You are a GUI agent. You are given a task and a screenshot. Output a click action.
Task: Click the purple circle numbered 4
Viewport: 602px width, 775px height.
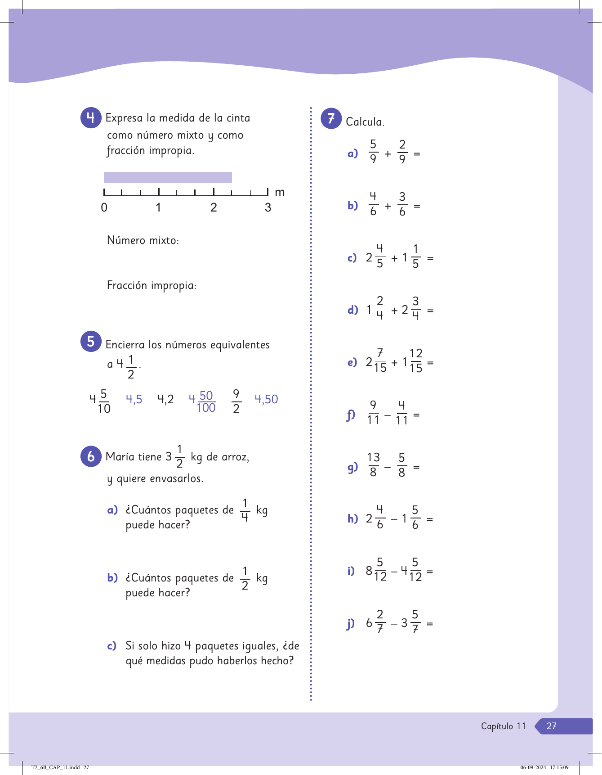[90, 118]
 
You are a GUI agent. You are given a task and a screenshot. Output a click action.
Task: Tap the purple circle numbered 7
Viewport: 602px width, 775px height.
[331, 118]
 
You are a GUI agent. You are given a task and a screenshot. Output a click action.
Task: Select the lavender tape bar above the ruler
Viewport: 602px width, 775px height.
[168, 177]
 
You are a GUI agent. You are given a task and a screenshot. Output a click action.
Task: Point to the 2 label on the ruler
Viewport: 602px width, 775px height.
[214, 207]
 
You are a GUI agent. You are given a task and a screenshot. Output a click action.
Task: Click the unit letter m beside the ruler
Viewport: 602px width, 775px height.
[280, 193]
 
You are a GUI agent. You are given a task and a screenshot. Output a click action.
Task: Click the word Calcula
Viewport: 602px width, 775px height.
[365, 122]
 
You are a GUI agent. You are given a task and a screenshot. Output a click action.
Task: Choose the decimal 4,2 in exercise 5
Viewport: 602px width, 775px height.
[165, 399]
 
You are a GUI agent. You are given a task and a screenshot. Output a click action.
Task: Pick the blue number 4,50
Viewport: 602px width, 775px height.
[266, 399]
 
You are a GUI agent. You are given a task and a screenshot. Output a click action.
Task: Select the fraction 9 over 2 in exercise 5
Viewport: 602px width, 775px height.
[236, 401]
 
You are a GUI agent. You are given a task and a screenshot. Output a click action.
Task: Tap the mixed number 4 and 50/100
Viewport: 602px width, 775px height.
[202, 401]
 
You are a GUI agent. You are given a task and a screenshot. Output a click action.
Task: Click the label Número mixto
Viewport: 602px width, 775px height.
[143, 240]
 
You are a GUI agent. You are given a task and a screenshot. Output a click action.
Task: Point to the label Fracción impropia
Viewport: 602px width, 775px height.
[152, 285]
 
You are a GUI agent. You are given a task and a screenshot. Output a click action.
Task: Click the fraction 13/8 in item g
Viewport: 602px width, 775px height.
[373, 464]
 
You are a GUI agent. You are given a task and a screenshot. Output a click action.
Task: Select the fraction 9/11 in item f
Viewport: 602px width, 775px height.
[373, 412]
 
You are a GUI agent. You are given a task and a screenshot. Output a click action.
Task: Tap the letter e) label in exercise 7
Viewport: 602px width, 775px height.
[352, 362]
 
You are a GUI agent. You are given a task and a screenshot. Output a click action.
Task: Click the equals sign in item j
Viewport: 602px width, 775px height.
[429, 624]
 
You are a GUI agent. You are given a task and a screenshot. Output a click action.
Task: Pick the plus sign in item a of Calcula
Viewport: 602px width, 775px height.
[388, 154]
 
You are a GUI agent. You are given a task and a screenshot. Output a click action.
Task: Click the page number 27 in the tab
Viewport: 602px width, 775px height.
[551, 726]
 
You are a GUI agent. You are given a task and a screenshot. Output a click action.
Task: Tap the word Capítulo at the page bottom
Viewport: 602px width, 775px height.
[497, 726]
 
